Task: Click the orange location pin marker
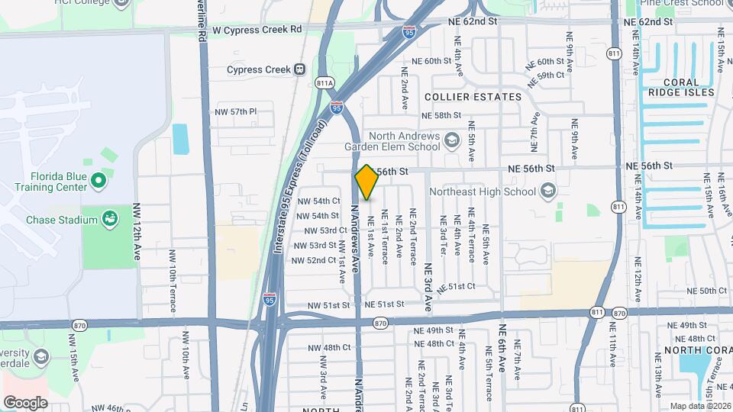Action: pyautogui.click(x=367, y=182)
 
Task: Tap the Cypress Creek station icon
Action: pyautogui.click(x=300, y=69)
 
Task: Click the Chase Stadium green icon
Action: pyautogui.click(x=111, y=220)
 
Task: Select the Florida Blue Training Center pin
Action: pyautogui.click(x=98, y=181)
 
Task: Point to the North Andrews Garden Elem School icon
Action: pyautogui.click(x=452, y=140)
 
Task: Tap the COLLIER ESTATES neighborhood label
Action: pyautogui.click(x=473, y=97)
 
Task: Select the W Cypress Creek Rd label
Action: pyautogui.click(x=257, y=29)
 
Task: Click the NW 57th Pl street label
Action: pyautogui.click(x=237, y=111)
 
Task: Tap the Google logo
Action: pyautogui.click(x=25, y=402)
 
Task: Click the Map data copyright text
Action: pyautogui.click(x=699, y=406)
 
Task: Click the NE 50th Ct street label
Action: pyautogui.click(x=707, y=291)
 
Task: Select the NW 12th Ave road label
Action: pyautogui.click(x=137, y=232)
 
